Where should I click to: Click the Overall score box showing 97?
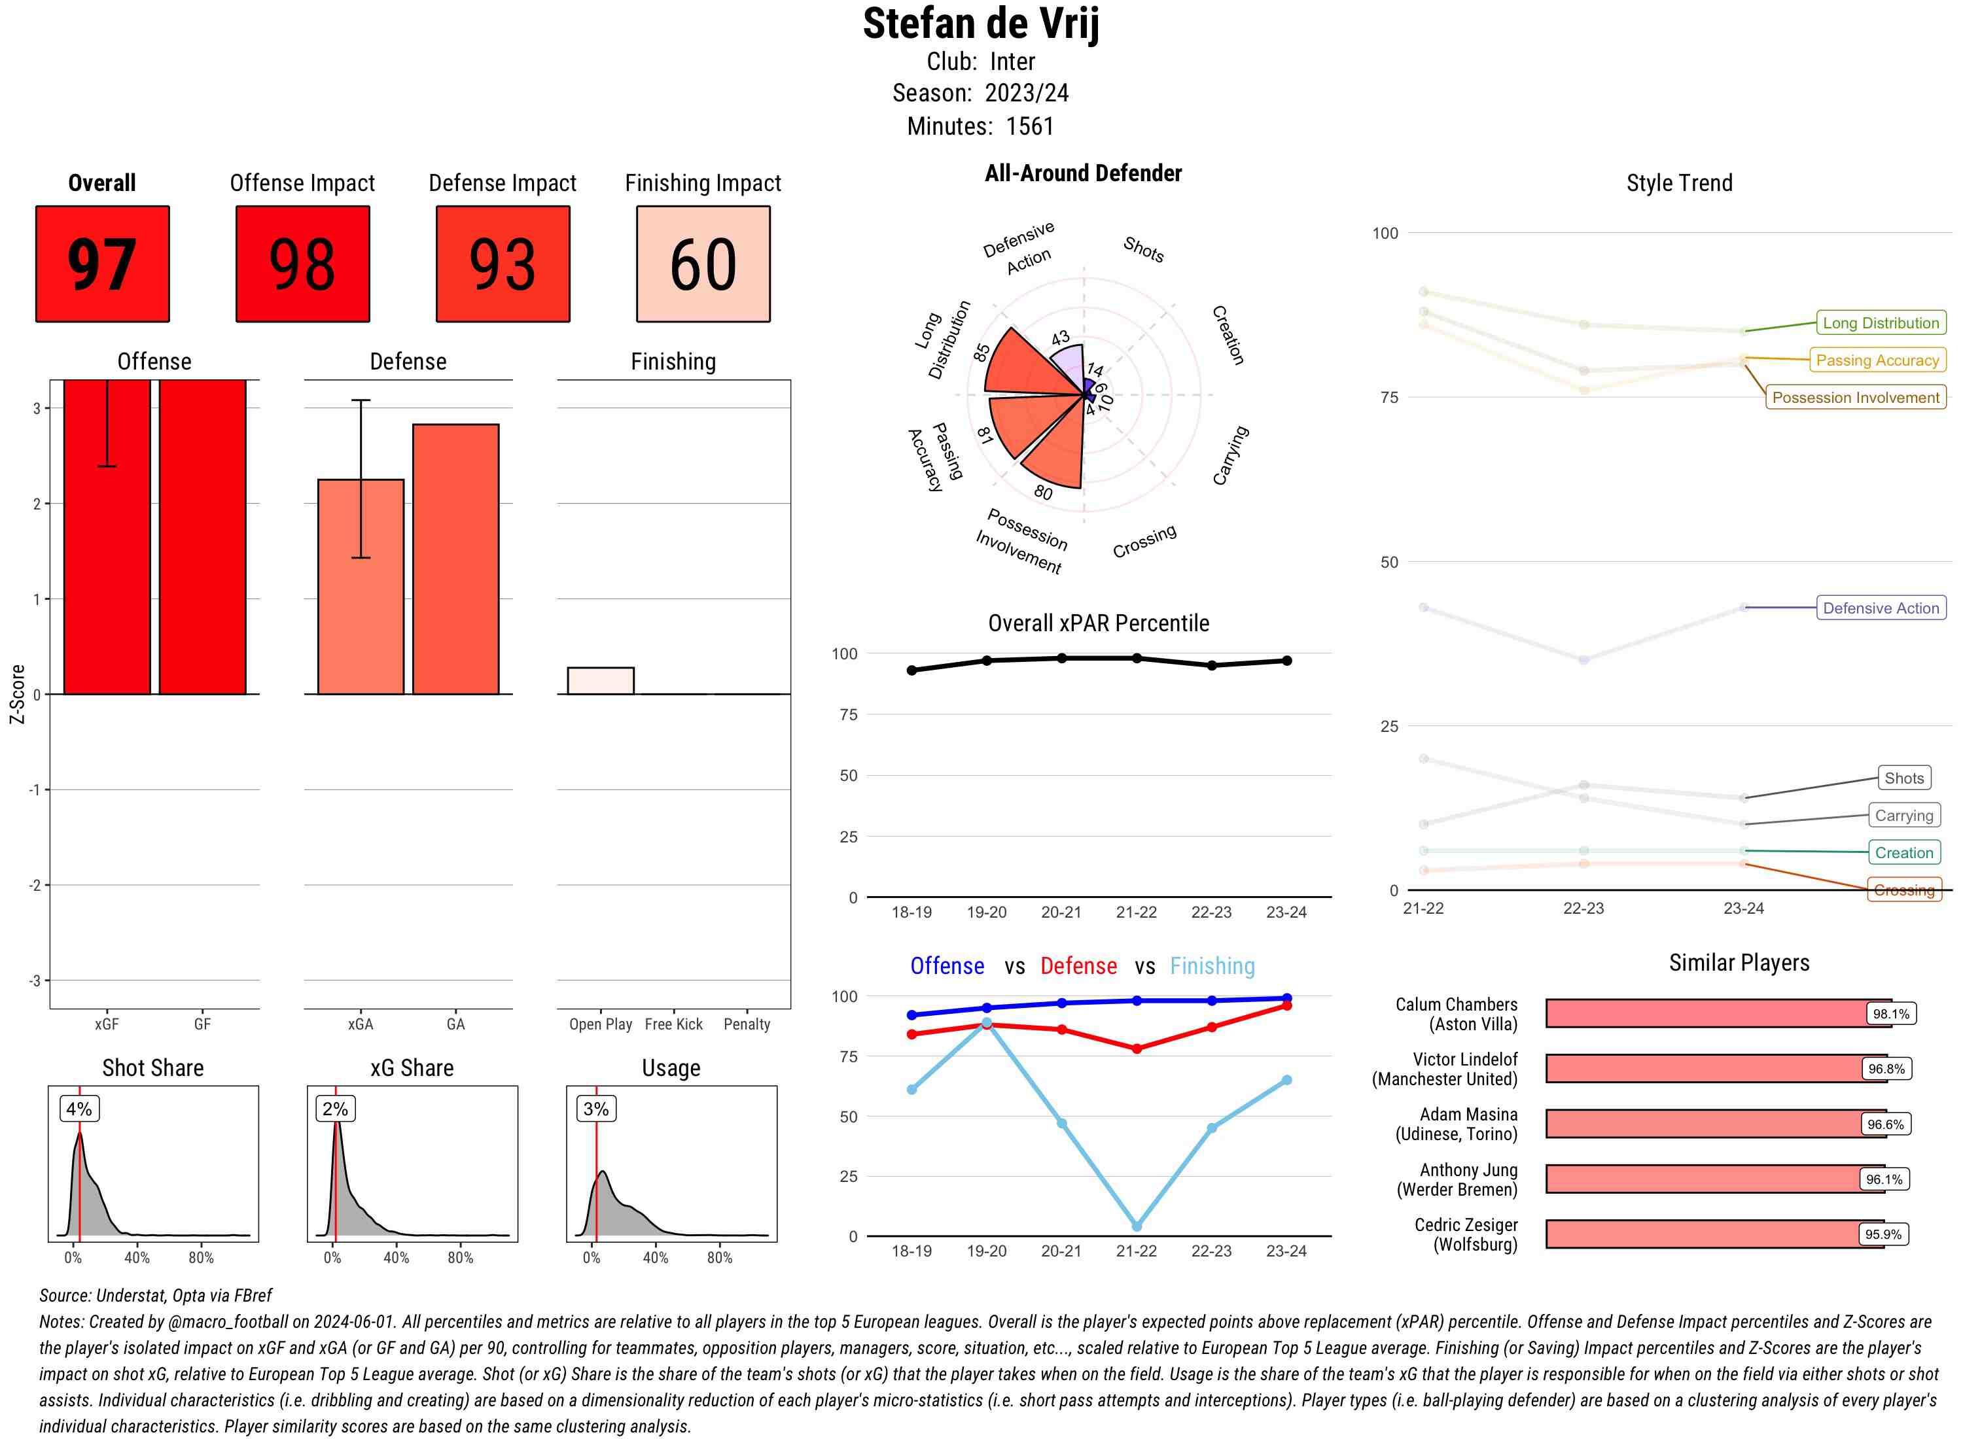[x=102, y=264]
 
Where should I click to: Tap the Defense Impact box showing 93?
[x=503, y=264]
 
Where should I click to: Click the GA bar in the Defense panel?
[x=455, y=559]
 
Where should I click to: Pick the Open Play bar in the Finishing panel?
[x=600, y=680]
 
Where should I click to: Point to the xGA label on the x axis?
[x=360, y=1024]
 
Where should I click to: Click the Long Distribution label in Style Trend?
[x=1881, y=323]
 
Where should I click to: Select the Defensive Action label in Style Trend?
[x=1881, y=608]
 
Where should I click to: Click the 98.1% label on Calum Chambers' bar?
[x=1890, y=1014]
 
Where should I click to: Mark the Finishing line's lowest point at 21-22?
[x=1136, y=1226]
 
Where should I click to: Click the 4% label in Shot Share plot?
[x=79, y=1109]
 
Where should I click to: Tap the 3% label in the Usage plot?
[x=596, y=1109]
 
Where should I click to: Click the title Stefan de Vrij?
[x=981, y=24]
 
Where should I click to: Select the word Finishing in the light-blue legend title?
[x=1212, y=966]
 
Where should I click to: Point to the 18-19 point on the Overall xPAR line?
[x=911, y=670]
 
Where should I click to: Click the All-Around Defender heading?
[x=1083, y=173]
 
